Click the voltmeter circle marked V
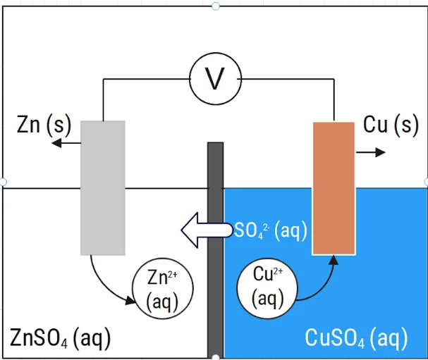pos(214,78)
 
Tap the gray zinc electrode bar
pos(103,187)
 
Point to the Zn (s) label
pos(44,125)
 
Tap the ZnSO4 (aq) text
pos(60,339)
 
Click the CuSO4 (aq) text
pos(356,338)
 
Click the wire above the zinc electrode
pos(104,99)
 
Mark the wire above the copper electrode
pos(333,99)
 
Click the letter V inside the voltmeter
pos(214,79)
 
